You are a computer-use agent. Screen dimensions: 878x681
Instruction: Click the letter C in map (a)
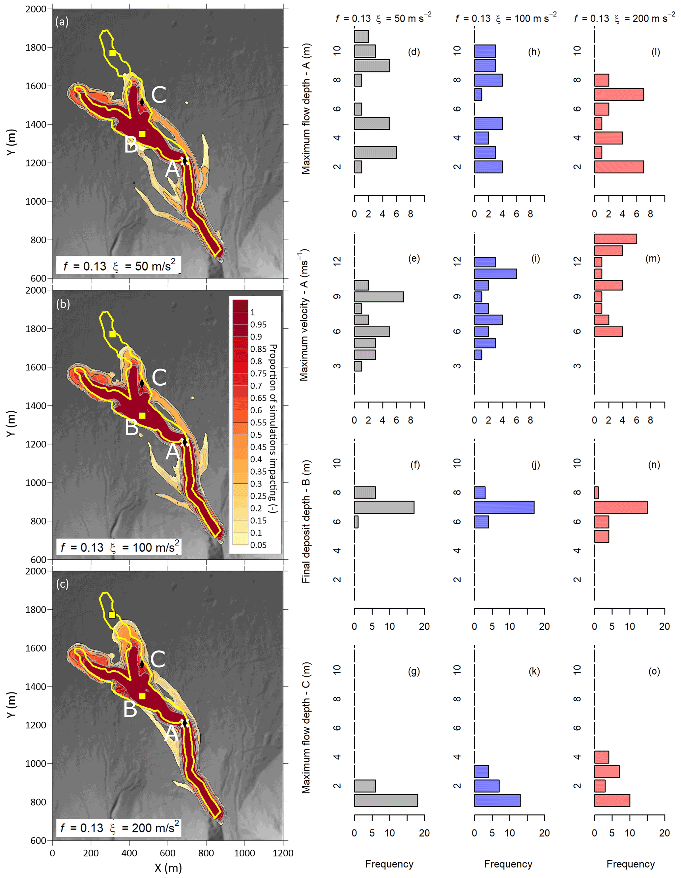click(159, 95)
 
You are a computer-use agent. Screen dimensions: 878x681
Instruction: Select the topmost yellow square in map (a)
click(112, 53)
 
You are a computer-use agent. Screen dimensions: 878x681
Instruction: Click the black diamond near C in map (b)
click(142, 384)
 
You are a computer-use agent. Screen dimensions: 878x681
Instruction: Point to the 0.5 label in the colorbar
click(256, 435)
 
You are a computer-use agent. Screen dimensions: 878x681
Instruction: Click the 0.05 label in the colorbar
click(258, 545)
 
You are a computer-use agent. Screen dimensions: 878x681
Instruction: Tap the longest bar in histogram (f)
click(384, 507)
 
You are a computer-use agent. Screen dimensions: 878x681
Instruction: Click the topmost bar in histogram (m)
click(615, 239)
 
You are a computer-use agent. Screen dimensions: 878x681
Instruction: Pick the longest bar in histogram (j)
click(504, 507)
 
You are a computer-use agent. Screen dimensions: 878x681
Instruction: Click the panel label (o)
click(654, 671)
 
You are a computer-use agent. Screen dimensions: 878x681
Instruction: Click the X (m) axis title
click(168, 867)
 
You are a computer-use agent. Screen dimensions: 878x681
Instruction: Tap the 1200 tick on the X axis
click(283, 853)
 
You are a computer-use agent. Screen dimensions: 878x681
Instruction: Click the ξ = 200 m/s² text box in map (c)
click(119, 828)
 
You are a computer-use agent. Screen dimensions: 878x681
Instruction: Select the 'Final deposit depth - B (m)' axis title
click(306, 521)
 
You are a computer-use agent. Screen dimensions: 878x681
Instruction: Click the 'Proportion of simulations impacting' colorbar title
click(273, 428)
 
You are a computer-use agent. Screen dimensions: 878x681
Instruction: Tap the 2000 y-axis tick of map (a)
click(36, 9)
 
